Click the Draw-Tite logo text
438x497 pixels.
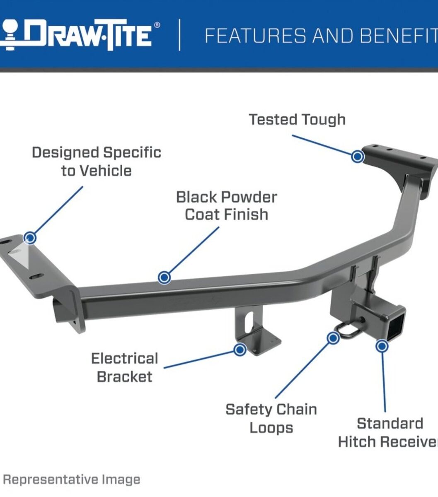(90, 35)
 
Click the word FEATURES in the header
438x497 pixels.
(255, 36)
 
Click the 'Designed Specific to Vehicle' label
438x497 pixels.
(97, 162)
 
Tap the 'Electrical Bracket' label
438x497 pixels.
(125, 367)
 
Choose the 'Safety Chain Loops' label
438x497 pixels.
(271, 418)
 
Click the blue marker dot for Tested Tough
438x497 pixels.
(358, 156)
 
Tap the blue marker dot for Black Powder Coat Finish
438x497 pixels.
(164, 277)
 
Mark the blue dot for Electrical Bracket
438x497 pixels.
(240, 349)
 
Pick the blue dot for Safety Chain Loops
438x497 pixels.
(333, 338)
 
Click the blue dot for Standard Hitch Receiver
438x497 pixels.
(382, 346)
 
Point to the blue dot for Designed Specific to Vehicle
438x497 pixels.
(30, 238)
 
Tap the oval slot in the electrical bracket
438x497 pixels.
(249, 323)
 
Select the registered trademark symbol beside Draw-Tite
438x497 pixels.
(157, 25)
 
